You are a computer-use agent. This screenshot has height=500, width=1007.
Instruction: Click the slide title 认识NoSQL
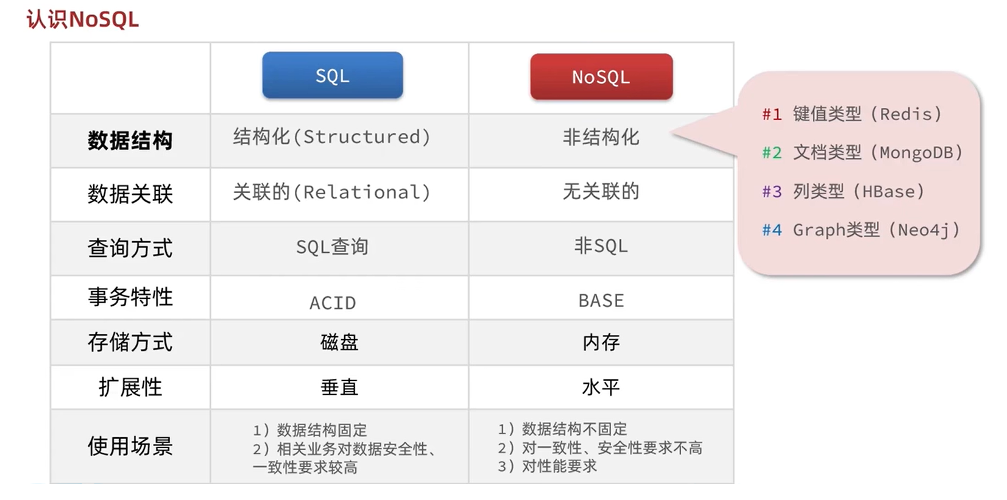tap(83, 19)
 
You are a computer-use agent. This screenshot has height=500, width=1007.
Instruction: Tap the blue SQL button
tap(333, 75)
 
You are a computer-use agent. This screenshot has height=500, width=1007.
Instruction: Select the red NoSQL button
tap(601, 77)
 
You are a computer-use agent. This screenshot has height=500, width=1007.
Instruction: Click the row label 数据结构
tap(130, 141)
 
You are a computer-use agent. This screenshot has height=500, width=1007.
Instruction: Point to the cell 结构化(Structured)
tap(332, 136)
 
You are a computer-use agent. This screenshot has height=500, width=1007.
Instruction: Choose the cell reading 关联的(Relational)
tap(332, 192)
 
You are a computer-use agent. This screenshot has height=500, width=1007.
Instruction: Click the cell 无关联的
tap(601, 191)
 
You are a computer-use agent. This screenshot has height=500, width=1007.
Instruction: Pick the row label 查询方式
tap(130, 248)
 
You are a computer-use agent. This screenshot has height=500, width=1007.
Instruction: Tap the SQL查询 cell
tap(332, 247)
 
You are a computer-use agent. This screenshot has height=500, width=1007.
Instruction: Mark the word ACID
tap(333, 303)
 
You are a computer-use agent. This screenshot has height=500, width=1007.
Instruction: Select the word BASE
tap(601, 300)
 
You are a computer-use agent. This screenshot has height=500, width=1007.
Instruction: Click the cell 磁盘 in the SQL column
tap(339, 343)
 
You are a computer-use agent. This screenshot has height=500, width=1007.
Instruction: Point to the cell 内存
tap(601, 343)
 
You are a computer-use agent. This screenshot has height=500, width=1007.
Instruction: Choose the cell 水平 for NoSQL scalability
tap(601, 387)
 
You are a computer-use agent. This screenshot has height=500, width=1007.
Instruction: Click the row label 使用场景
tap(130, 446)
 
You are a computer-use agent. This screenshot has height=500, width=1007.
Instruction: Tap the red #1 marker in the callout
tap(772, 114)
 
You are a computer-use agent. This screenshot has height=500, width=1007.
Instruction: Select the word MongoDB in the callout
tap(916, 153)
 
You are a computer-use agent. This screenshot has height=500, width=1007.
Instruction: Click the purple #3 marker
tap(772, 192)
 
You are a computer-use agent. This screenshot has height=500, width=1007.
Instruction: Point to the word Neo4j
tap(924, 230)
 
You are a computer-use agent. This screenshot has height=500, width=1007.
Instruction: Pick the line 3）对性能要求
tap(547, 467)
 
